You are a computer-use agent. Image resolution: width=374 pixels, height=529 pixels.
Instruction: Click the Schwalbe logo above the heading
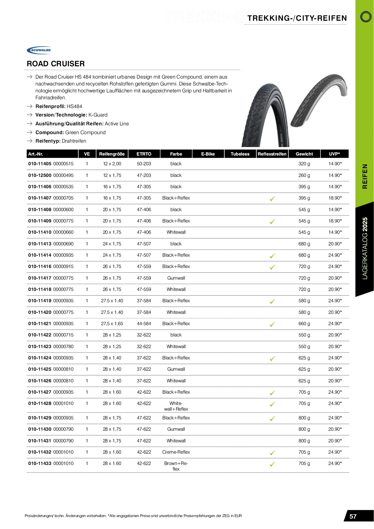[39, 50]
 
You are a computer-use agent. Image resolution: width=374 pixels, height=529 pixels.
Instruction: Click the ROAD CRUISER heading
[56, 64]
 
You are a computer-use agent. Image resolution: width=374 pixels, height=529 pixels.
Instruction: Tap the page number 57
[353, 516]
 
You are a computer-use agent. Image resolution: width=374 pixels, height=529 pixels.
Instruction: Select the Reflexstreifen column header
[272, 154]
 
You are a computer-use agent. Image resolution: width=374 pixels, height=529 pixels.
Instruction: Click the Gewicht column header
[304, 154]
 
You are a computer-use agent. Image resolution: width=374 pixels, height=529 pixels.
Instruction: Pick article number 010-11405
[40, 164]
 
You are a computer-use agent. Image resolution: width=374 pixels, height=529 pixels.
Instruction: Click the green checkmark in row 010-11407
[272, 199]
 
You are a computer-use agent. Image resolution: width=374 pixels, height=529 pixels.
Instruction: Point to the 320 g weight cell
[304, 164]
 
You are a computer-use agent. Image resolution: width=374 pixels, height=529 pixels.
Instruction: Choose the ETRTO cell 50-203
[144, 164]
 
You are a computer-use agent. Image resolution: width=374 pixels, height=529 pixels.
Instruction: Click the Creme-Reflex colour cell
[176, 452]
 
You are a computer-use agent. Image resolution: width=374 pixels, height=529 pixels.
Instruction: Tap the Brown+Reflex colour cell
[176, 466]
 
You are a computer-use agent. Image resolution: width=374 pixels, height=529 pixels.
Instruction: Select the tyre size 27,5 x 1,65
[112, 324]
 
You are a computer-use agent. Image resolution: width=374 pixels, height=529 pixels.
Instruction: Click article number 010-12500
[40, 175]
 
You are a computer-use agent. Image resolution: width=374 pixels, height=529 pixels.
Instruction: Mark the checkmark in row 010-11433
[272, 464]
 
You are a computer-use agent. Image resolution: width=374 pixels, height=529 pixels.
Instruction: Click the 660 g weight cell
[304, 324]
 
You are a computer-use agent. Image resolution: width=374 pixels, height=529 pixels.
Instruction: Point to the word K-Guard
[98, 115]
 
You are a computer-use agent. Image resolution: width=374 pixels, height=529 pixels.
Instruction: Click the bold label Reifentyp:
[48, 141]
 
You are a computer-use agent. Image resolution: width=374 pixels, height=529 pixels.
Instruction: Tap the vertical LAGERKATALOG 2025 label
[365, 248]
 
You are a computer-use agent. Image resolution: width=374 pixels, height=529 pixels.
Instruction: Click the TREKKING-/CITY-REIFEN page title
[297, 18]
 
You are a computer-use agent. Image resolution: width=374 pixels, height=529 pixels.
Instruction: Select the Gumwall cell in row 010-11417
[176, 278]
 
